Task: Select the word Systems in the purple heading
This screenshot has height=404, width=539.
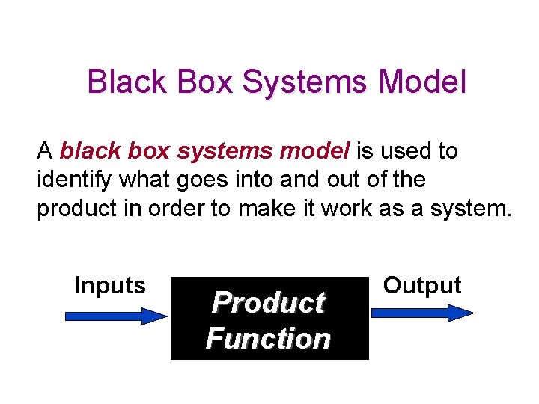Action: point(307,83)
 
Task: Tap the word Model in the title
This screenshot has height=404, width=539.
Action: point(426,82)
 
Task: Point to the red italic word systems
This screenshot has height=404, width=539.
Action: point(225,152)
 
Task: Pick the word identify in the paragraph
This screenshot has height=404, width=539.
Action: point(70,180)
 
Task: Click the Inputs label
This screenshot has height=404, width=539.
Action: point(110,286)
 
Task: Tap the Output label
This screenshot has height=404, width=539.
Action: point(422,286)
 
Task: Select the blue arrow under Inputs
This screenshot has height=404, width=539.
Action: point(116,316)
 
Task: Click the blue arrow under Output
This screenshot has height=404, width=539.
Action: point(423,313)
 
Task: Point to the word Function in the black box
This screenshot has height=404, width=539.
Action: point(268,339)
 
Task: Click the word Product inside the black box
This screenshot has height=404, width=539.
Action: point(268,303)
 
